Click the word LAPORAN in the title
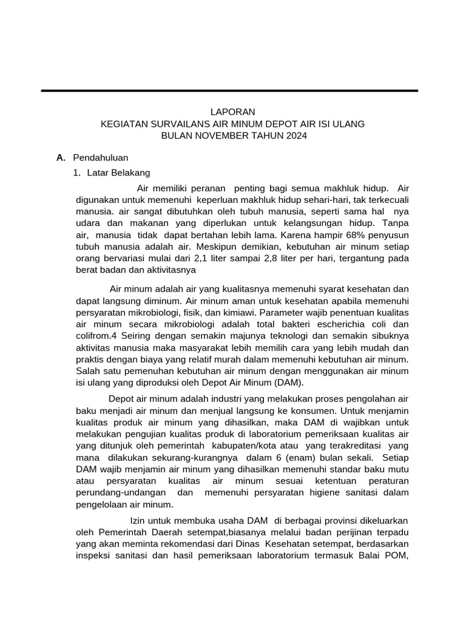(x=233, y=112)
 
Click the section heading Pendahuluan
(x=100, y=157)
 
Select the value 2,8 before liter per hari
(x=298, y=258)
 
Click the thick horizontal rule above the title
(x=229, y=91)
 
